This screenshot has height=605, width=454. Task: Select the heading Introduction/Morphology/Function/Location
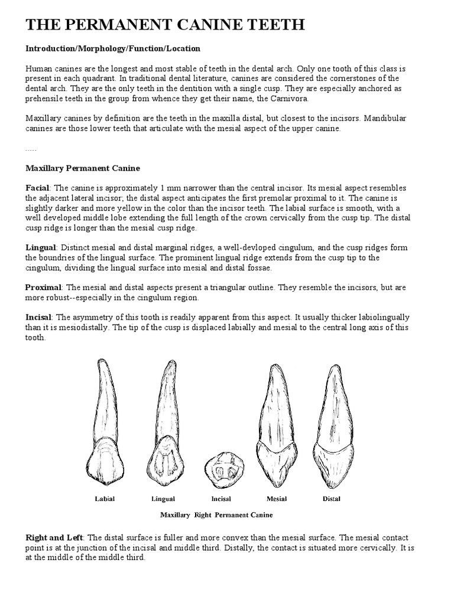point(113,48)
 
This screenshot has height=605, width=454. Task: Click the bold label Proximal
point(44,287)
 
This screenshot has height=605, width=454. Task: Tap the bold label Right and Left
point(55,538)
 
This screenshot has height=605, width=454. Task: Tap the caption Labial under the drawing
point(105,499)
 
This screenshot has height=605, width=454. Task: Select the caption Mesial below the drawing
point(277,499)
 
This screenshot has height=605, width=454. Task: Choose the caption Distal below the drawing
point(331,499)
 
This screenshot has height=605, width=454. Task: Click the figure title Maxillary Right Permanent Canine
point(216,515)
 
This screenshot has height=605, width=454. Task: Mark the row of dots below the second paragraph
point(31,149)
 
